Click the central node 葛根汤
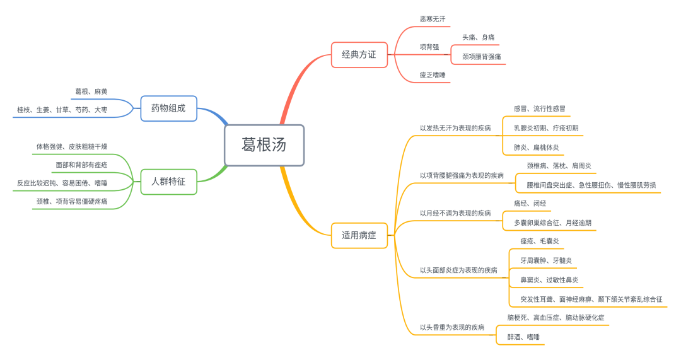pos(264,145)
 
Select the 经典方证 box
pos(359,55)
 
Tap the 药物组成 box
pos(168,108)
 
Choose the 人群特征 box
pos(168,182)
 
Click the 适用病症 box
pos(359,236)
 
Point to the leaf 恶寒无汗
pos(433,20)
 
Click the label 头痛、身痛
pos(479,38)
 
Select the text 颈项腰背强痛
pos(482,57)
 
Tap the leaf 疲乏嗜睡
pos(433,75)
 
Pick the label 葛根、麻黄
pos(91,92)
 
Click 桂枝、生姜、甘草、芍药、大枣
pos(62,110)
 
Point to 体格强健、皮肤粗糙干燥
pos(72,147)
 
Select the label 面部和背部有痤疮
pos(81,165)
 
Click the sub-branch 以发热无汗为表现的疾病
pos(455,128)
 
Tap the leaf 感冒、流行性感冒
pos(539,109)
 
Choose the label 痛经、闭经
pos(530,204)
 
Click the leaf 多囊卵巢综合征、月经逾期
pos(552,223)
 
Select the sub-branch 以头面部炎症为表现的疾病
pos(458,270)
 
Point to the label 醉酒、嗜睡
pos(523,337)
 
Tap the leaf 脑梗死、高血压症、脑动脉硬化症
pos(556,318)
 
